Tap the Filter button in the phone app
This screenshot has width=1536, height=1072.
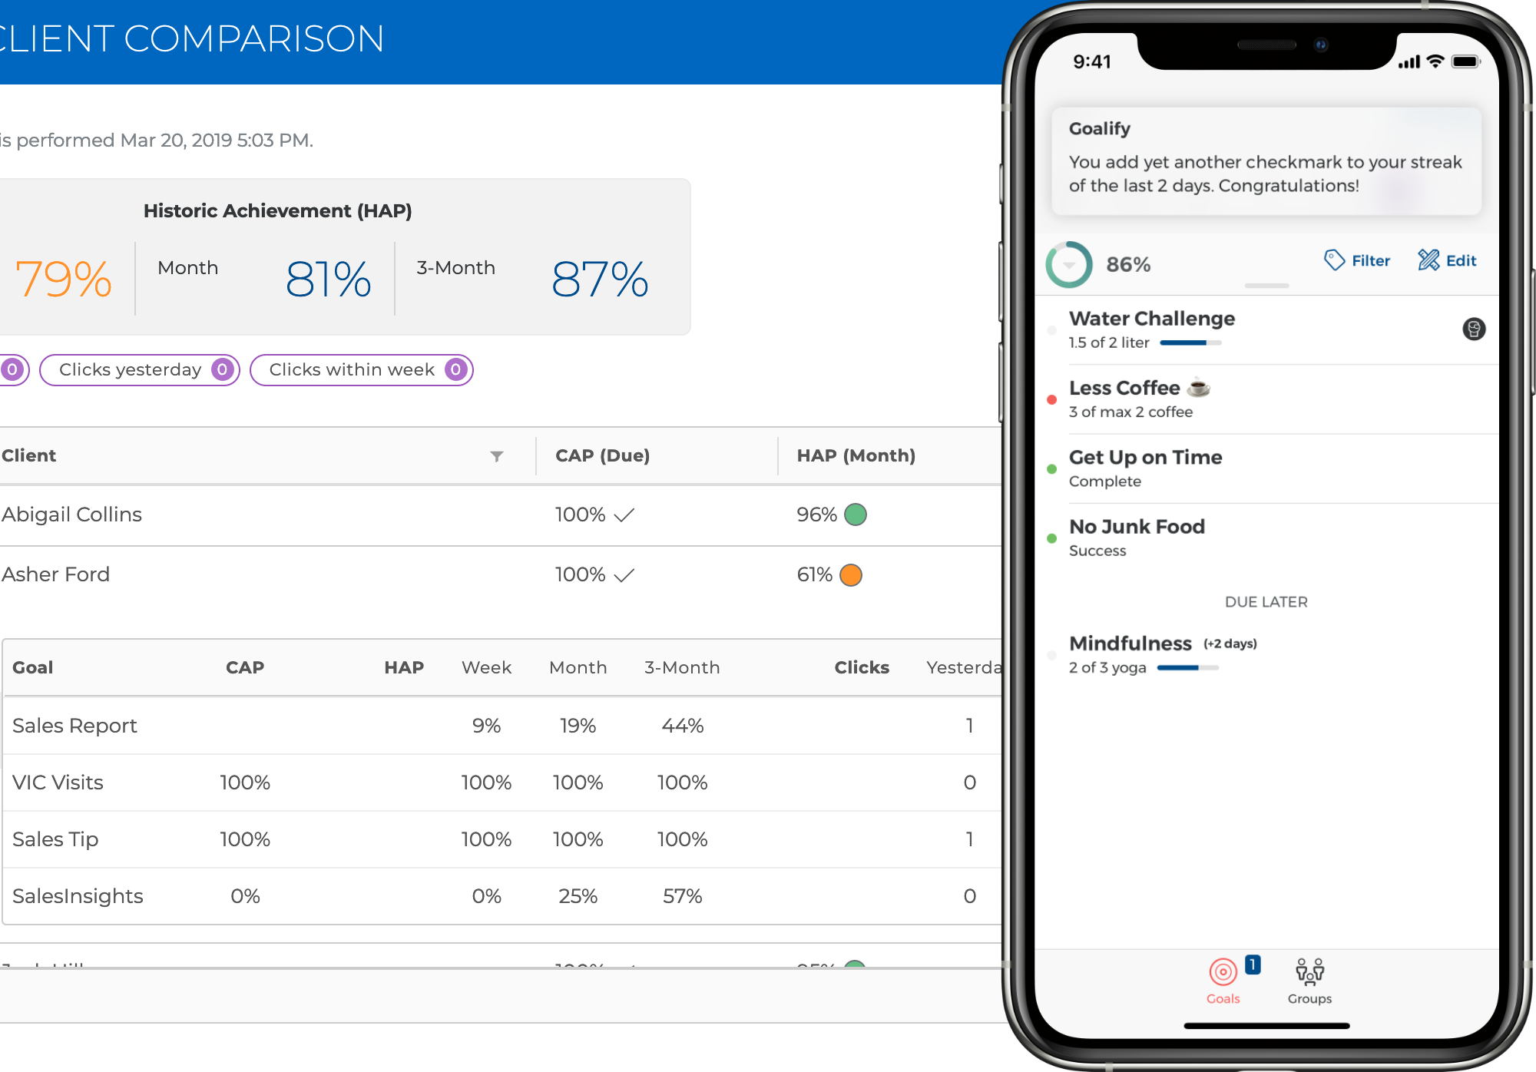click(1357, 261)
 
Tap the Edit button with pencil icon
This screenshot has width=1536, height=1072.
click(1447, 261)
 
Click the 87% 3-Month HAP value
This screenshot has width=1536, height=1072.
click(600, 279)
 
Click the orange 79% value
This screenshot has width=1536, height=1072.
click(64, 279)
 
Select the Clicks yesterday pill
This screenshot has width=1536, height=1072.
click(140, 370)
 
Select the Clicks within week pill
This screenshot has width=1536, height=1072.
click(361, 370)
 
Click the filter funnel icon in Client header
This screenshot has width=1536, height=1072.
click(497, 456)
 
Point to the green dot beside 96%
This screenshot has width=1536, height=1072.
click(855, 514)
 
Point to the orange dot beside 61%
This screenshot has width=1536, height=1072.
click(851, 575)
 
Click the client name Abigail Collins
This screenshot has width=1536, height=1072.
click(71, 514)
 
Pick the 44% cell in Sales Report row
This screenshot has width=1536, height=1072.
click(682, 726)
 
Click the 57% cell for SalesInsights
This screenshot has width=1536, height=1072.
click(682, 896)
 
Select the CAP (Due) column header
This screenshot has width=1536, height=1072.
click(602, 455)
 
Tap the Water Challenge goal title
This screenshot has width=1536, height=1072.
click(1151, 319)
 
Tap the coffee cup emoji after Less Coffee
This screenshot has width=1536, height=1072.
click(1198, 388)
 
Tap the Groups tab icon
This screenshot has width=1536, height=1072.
click(1309, 972)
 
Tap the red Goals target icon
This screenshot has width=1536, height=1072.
click(1223, 972)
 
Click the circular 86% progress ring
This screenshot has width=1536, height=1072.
click(1068, 265)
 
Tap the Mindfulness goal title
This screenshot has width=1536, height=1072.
click(1130, 644)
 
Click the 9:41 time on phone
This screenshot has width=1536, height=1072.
click(1091, 61)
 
